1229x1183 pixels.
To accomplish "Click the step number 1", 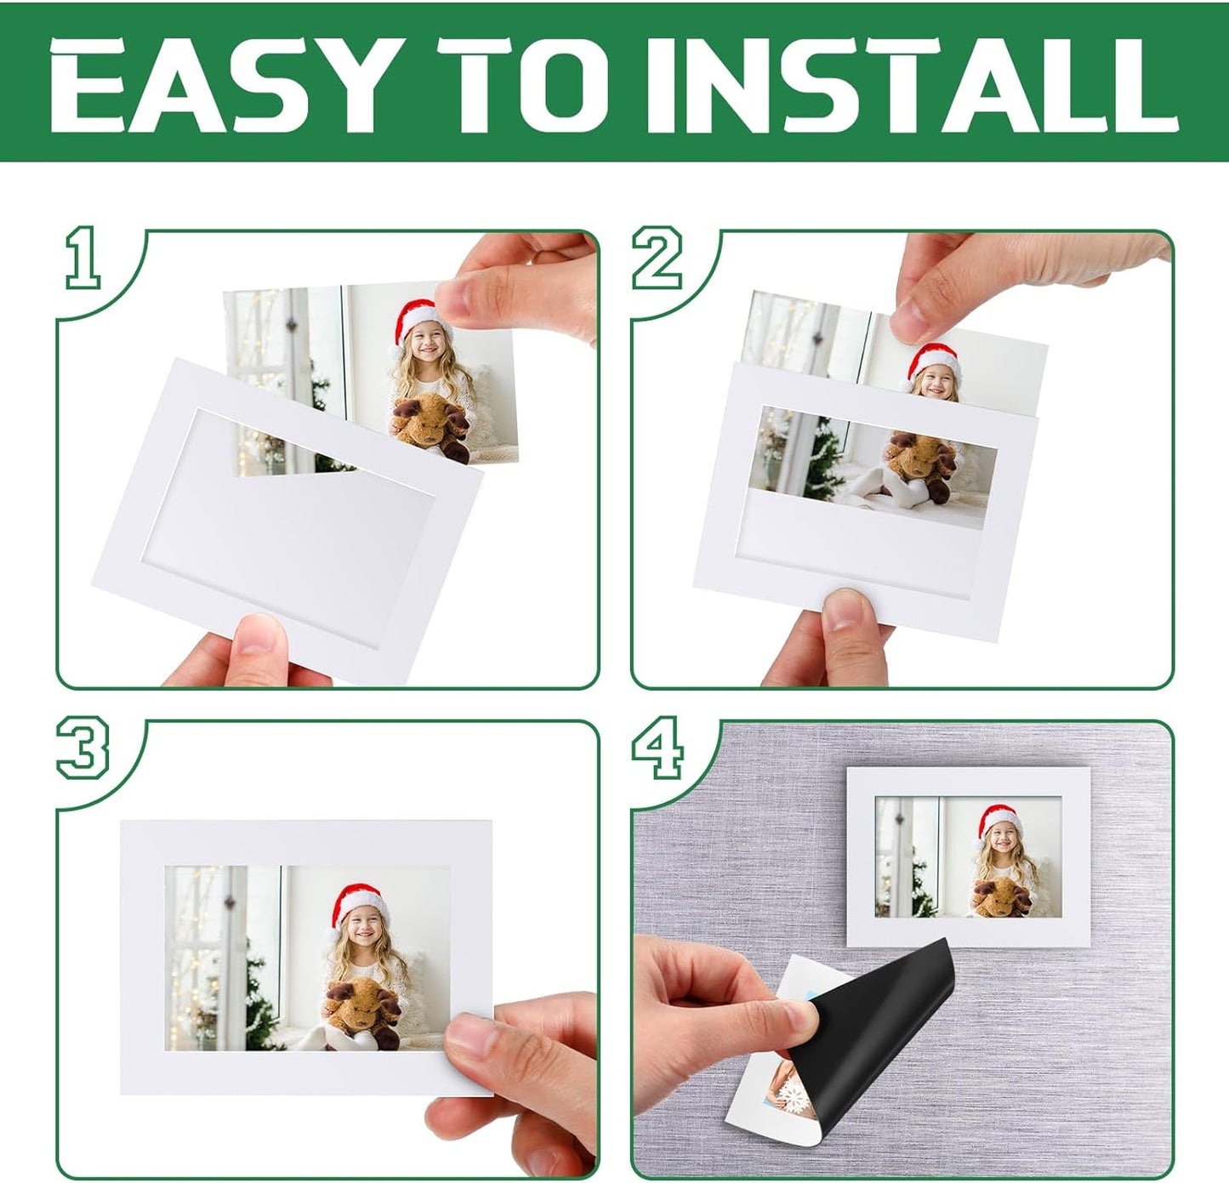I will (83, 257).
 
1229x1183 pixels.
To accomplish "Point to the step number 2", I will (657, 257).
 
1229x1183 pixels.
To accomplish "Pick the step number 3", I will (83, 748).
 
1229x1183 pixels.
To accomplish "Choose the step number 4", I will (657, 748).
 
